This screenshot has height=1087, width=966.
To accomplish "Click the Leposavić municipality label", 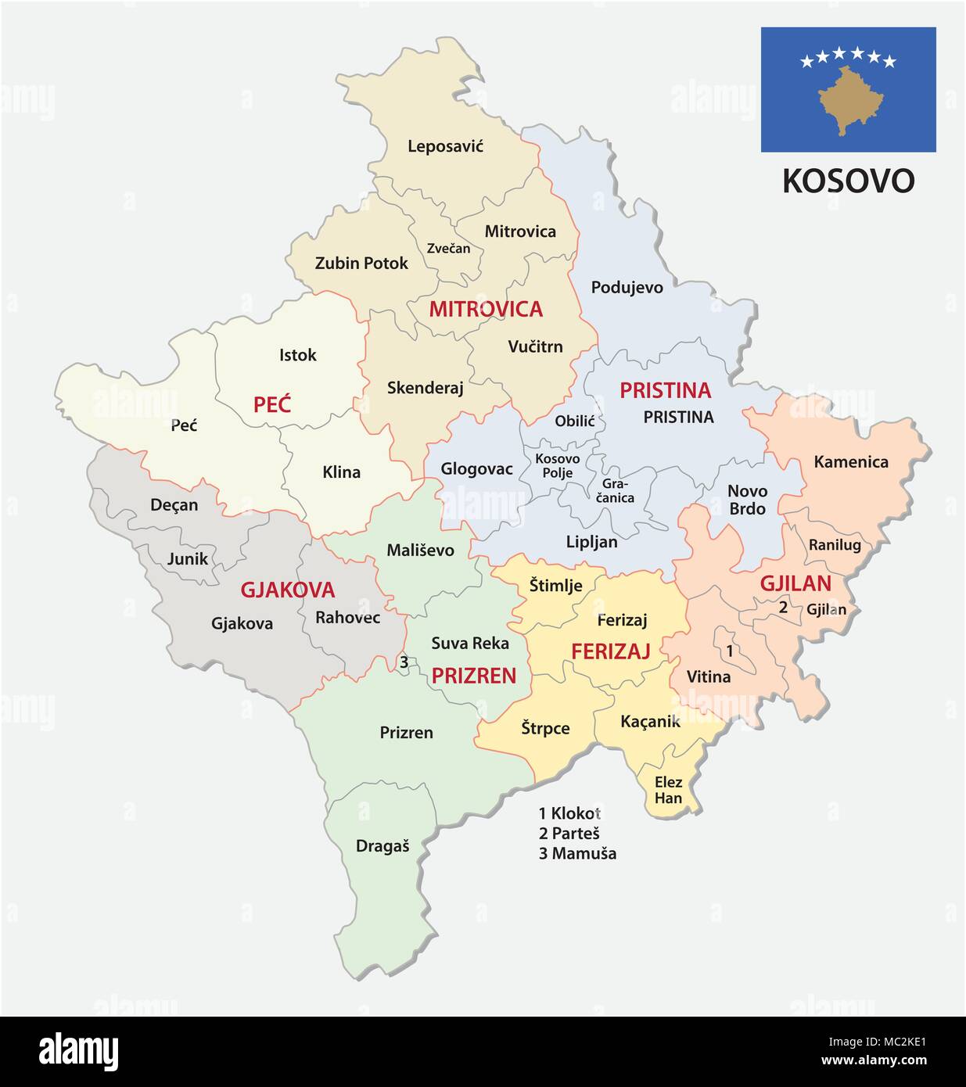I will (x=445, y=146).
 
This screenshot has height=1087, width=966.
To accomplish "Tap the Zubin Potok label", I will (x=361, y=264).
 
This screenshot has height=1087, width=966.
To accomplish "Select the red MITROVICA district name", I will (x=485, y=309).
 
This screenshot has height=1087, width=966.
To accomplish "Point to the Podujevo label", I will (x=627, y=287).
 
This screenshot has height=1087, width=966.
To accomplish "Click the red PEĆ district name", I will (x=271, y=404).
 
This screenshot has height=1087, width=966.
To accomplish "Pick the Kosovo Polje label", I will (x=557, y=465).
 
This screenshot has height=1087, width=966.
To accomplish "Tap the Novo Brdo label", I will (x=747, y=500).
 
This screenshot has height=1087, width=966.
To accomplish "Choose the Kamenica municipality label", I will (x=850, y=462).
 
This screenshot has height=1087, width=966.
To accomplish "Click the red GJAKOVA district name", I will (x=287, y=590).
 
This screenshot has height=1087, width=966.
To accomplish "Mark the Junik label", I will (x=188, y=558).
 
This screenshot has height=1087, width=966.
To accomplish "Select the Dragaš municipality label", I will (x=382, y=845).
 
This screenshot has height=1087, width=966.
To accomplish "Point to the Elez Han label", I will (x=668, y=790).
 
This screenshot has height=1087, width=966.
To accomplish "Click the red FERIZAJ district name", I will (x=610, y=651).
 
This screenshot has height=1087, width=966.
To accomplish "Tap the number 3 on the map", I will (x=404, y=662).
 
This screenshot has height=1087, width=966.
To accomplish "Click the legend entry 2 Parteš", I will (x=569, y=834).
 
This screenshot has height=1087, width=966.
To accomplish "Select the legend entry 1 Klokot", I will (x=569, y=813).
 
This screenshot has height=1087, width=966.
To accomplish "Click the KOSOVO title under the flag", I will (x=848, y=181).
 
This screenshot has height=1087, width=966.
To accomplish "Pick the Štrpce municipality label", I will (x=545, y=728).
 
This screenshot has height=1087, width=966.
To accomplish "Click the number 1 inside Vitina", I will (x=730, y=651).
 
